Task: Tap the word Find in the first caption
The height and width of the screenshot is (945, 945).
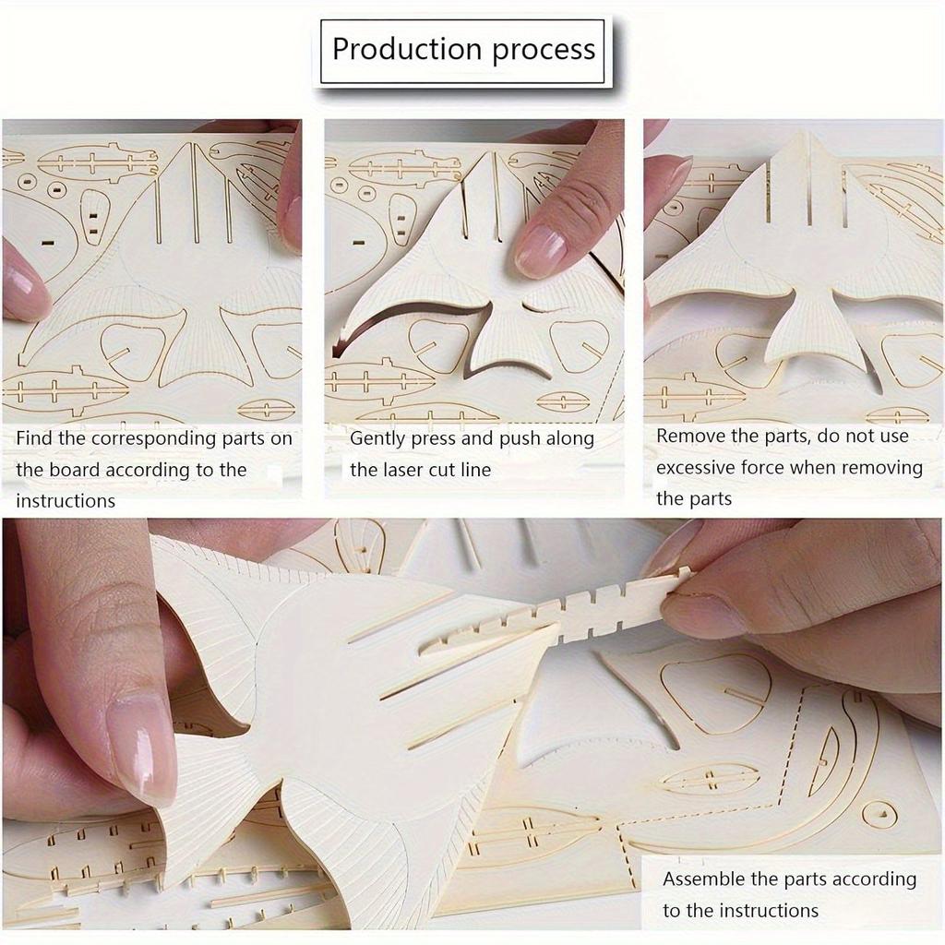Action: click(34, 438)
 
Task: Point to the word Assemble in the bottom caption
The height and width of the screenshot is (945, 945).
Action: click(704, 879)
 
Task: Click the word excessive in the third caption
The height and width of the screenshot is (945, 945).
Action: click(695, 468)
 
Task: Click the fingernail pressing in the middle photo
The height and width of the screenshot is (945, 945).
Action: click(540, 251)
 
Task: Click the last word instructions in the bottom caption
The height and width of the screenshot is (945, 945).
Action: click(769, 911)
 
